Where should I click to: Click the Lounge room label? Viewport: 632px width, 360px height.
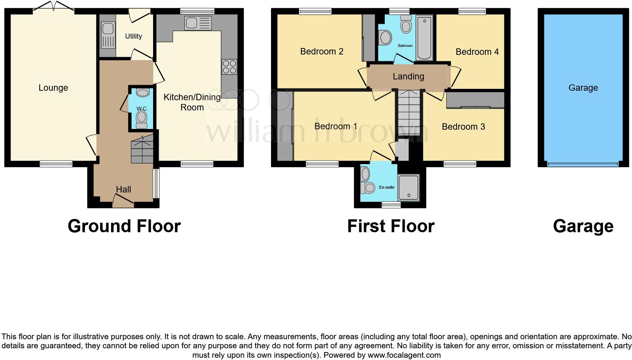tap(53, 88)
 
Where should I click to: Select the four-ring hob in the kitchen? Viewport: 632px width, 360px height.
tap(229, 67)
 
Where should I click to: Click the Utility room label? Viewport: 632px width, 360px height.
tap(133, 36)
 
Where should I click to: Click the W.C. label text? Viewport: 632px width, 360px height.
tap(142, 109)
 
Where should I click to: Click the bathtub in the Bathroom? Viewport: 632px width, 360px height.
tap(424, 38)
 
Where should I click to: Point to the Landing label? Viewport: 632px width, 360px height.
tap(408, 76)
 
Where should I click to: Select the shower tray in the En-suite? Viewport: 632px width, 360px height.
tap(409, 188)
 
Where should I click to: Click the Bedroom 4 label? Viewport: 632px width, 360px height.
tap(477, 52)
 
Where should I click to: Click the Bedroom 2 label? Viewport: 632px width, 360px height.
tap(322, 51)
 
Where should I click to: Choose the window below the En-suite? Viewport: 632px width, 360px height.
tap(391, 205)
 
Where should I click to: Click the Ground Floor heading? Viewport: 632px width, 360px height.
tap(124, 226)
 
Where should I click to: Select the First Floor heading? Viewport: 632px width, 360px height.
tap(391, 226)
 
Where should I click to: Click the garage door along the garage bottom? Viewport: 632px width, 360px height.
tap(582, 164)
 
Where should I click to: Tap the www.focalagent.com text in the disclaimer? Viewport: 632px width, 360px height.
tap(404, 355)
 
